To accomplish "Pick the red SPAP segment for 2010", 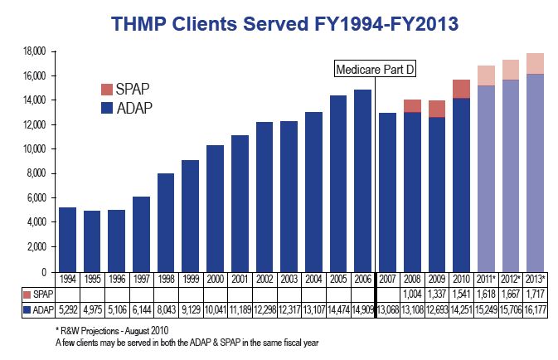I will pyautogui.click(x=461, y=89).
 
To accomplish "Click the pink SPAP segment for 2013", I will pyautogui.click(x=534, y=63).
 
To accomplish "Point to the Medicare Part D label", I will pyautogui.click(x=375, y=70).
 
